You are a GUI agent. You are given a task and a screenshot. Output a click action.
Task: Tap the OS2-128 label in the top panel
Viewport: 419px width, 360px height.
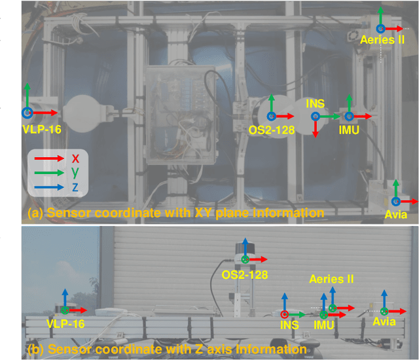[272, 129]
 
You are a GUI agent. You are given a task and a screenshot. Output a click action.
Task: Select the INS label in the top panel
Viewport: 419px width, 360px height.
[316, 103]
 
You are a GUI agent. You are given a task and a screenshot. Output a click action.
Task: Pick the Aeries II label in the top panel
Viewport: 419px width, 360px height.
[383, 39]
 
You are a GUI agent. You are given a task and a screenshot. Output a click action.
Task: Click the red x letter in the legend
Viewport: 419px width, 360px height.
[76, 158]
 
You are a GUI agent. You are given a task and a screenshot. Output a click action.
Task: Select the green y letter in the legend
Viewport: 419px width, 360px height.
[76, 172]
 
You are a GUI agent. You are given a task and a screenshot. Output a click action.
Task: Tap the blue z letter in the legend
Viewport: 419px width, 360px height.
[76, 187]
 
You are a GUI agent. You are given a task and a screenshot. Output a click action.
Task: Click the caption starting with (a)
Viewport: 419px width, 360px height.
[176, 213]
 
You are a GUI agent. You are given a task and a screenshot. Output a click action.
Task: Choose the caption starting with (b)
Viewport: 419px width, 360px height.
[167, 350]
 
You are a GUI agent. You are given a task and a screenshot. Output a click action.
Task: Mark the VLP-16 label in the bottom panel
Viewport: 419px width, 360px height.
[66, 323]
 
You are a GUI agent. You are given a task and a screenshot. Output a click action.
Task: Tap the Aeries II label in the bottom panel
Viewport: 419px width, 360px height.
[331, 279]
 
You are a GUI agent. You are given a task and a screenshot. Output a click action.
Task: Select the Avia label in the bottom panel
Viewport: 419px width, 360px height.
[385, 323]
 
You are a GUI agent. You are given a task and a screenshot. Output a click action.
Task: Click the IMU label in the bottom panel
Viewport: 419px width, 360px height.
[323, 325]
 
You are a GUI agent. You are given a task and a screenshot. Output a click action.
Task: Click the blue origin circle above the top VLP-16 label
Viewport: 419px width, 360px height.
[27, 113]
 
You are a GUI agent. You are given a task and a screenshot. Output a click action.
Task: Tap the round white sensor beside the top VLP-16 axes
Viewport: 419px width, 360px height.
[85, 114]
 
